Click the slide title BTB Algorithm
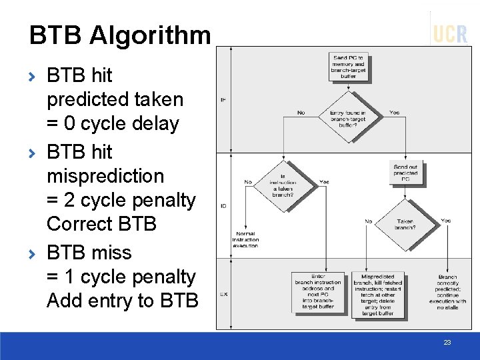[x=119, y=35]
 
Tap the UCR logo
[x=450, y=33]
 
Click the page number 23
[x=447, y=343]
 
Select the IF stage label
[x=223, y=100]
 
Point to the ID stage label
[x=223, y=206]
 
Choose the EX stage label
[x=223, y=294]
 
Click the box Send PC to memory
[x=348, y=67]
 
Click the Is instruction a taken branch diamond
[x=283, y=183]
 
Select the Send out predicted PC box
[x=405, y=173]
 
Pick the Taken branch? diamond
[x=405, y=224]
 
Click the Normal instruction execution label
[x=245, y=239]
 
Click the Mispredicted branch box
[x=377, y=294]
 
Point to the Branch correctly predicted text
[x=447, y=291]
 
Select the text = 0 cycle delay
[x=113, y=124]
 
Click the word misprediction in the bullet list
[x=105, y=176]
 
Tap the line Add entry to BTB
[x=122, y=301]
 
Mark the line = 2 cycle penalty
[x=121, y=200]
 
